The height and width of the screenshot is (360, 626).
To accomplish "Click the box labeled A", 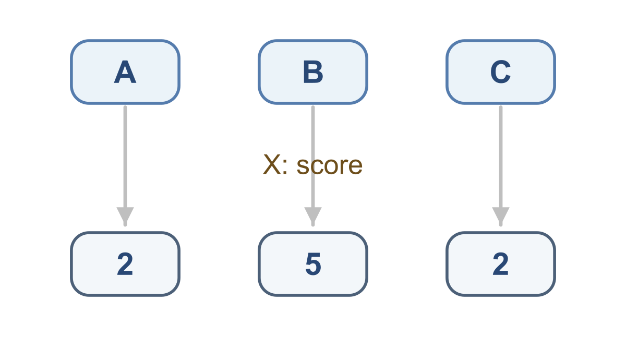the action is [x=125, y=72].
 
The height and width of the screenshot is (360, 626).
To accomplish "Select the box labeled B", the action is [x=313, y=72].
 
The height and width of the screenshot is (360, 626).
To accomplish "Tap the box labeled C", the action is [x=501, y=72].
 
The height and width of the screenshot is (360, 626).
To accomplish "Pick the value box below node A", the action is [x=125, y=264].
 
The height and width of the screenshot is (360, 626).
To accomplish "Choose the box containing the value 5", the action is [x=313, y=264].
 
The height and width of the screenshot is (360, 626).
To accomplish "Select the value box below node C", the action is [x=501, y=264].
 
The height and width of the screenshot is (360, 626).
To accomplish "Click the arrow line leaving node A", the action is [x=125, y=166].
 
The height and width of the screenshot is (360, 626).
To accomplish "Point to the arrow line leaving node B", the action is [x=313, y=166].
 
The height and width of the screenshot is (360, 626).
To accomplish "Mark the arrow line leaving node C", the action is [x=501, y=166].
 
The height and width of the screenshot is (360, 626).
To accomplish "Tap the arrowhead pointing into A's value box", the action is [x=125, y=216].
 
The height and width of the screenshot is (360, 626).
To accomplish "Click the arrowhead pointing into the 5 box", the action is [x=313, y=216].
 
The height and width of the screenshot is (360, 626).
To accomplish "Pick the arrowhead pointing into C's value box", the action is [x=501, y=216].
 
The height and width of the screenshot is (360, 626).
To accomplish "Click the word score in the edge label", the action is [x=330, y=166].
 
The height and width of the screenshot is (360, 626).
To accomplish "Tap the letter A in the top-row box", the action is [x=125, y=72].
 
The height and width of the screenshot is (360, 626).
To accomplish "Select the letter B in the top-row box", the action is [x=313, y=72].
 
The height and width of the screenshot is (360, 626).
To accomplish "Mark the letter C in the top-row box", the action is [x=500, y=72].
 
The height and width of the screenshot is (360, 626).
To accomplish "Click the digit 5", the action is [x=313, y=264].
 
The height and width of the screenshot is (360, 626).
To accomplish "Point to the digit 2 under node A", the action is [x=125, y=264].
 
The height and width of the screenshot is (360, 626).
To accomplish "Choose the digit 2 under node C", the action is [x=500, y=264].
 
